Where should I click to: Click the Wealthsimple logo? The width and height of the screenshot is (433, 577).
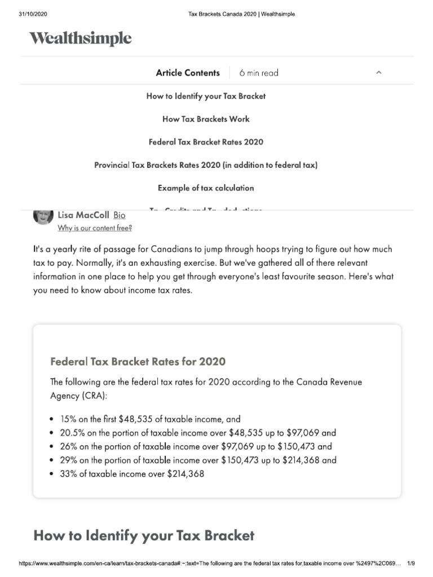coord(80,38)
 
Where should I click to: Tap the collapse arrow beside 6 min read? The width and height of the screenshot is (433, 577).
coord(379,73)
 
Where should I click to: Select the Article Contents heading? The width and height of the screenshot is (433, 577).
coord(188,73)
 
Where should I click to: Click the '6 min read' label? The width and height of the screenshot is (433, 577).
coord(258,73)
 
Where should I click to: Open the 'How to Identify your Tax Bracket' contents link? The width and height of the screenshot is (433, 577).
coord(206,96)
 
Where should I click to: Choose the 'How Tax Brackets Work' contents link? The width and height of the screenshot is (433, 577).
coord(206,119)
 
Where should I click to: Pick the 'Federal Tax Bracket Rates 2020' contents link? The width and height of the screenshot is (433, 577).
coord(206,142)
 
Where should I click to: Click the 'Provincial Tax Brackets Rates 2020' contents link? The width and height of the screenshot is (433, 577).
coord(206,165)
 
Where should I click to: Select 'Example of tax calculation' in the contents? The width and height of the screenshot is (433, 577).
coord(206,188)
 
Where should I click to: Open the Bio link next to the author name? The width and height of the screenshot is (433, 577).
coord(120,215)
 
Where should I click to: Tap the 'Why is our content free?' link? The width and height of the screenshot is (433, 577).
coord(95,228)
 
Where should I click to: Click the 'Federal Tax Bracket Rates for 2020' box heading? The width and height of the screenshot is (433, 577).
coord(138,361)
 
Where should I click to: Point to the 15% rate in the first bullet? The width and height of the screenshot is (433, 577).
coord(68,419)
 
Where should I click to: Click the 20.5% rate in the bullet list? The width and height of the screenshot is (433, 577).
coord(72,433)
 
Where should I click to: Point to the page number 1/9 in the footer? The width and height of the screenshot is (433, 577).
coord(410,563)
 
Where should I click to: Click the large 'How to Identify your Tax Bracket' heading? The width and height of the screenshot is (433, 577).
coord(144,535)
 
